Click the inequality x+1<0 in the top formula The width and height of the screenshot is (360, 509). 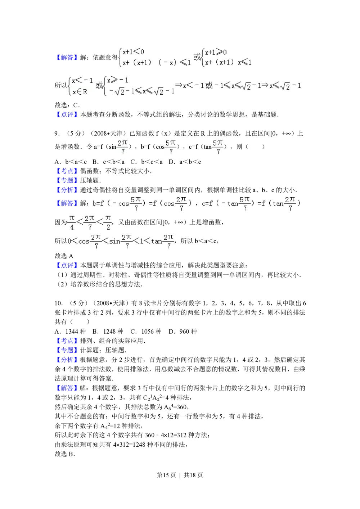pyautogui.click(x=133, y=52)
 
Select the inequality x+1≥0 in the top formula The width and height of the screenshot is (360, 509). pyautogui.click(x=216, y=52)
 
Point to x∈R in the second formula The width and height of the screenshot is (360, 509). pyautogui.click(x=80, y=92)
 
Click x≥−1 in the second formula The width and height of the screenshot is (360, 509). pyautogui.click(x=118, y=80)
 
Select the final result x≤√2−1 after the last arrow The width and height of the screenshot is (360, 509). pyautogui.click(x=285, y=86)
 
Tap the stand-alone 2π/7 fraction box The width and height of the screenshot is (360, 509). pyautogui.click(x=123, y=147)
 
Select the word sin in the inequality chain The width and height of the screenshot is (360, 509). pyautogui.click(x=115, y=242)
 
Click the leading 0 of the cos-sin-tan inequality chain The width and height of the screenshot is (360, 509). pyautogui.click(x=69, y=241)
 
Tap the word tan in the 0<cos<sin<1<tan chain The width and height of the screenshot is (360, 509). pyautogui.click(x=156, y=242)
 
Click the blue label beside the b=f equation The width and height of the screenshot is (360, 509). pyautogui.click(x=67, y=204)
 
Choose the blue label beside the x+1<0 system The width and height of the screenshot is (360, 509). pyautogui.click(x=67, y=57)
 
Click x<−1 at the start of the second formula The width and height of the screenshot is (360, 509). pyautogui.click(x=82, y=81)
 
